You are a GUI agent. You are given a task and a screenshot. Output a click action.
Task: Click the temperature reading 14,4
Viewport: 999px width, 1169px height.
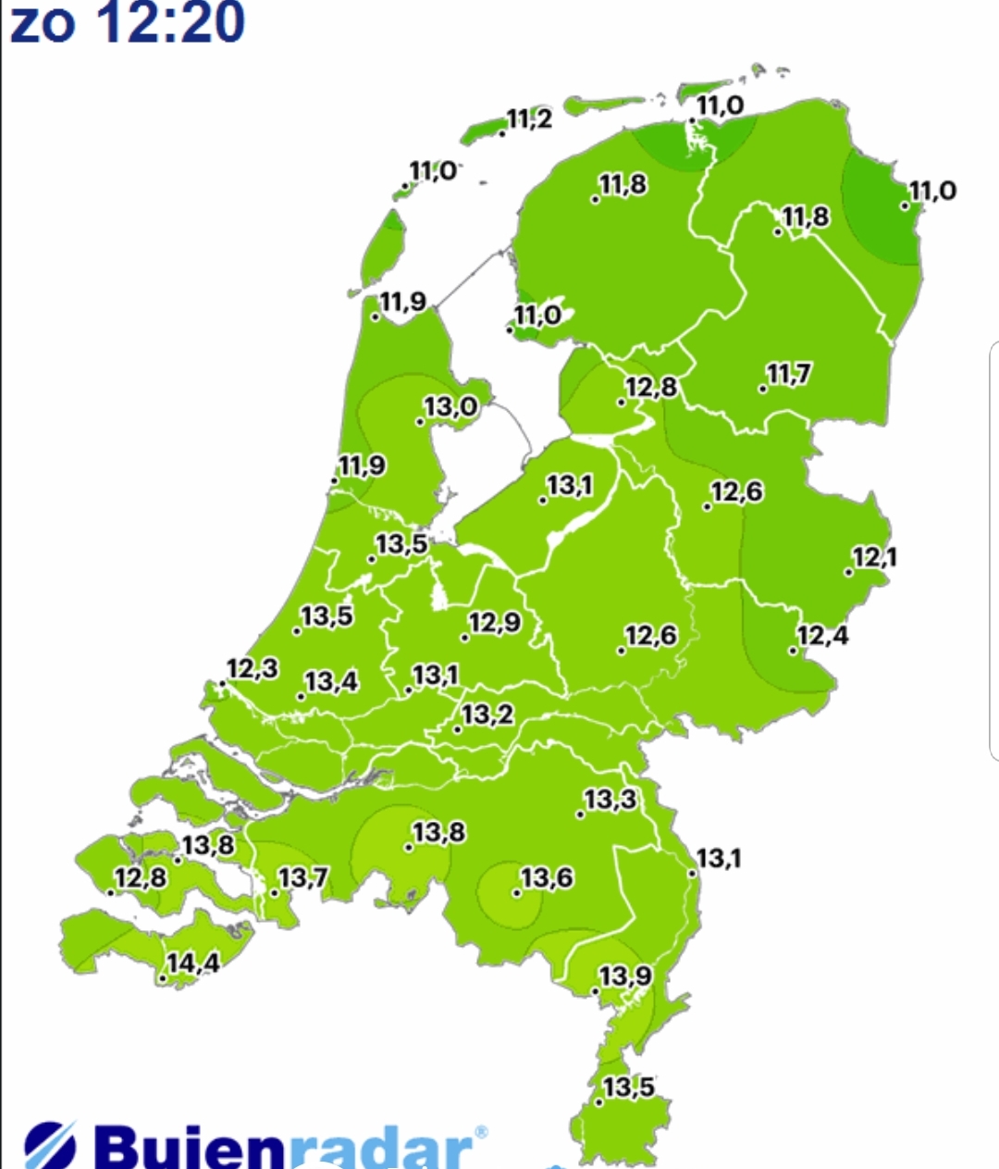(x=193, y=964)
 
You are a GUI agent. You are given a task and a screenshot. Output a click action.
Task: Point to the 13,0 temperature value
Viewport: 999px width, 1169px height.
(x=451, y=407)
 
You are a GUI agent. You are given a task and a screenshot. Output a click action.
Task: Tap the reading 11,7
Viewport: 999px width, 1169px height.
(x=789, y=375)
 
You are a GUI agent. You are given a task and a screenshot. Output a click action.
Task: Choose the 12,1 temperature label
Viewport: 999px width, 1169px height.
(x=874, y=558)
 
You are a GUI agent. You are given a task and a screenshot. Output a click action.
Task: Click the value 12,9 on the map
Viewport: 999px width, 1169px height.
(x=495, y=623)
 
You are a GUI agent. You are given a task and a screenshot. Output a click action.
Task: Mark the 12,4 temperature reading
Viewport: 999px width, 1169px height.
(x=822, y=636)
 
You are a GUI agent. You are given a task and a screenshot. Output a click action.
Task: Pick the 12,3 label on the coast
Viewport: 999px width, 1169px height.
(x=253, y=668)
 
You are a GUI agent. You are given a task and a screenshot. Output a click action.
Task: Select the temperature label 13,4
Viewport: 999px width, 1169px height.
(x=332, y=682)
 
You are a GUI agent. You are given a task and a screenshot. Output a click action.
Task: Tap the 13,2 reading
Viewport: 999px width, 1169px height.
(x=487, y=715)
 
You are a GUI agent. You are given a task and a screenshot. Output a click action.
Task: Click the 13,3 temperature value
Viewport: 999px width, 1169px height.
(x=610, y=800)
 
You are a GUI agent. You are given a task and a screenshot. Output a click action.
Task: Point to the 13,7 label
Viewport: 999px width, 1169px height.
(x=303, y=877)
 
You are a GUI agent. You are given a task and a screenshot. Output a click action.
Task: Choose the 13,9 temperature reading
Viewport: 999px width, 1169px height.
(x=625, y=976)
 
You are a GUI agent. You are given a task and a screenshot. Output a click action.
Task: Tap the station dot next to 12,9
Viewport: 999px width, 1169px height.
(x=464, y=637)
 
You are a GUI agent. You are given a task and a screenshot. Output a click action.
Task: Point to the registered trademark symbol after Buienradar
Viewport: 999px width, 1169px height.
(x=480, y=1132)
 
